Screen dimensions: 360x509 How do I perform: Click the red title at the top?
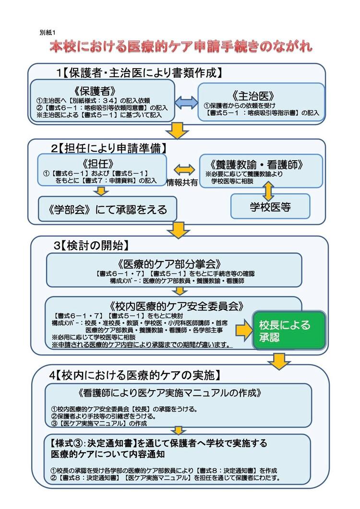point(181,47)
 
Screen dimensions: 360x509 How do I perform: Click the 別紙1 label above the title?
point(48,33)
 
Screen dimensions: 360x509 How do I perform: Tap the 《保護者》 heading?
point(95,91)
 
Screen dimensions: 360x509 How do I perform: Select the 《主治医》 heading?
point(253,96)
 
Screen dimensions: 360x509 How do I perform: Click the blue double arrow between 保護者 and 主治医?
point(186,102)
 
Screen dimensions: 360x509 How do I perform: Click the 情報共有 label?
point(182,182)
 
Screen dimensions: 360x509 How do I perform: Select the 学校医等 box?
point(270,206)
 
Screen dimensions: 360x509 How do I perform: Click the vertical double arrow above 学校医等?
point(269,191)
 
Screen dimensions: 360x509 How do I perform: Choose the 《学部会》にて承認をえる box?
point(108,209)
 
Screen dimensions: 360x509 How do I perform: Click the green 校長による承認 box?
point(289,331)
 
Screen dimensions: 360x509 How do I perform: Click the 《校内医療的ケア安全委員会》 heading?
point(177,306)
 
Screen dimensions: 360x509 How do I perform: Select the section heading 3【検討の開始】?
point(92,246)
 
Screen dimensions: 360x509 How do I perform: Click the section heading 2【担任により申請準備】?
point(109,148)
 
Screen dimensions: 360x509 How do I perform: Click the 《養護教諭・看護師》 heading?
point(257,165)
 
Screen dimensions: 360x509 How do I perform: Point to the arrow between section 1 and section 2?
point(177,130)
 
